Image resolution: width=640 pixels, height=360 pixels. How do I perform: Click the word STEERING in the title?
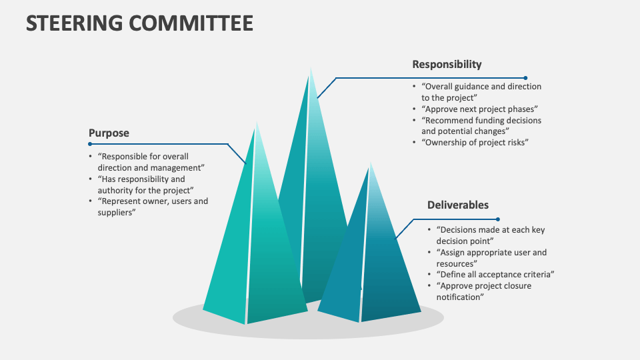pyautogui.click(x=74, y=23)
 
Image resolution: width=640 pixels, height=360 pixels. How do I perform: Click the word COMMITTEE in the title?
pyautogui.click(x=191, y=23)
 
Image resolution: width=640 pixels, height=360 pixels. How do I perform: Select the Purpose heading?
pyautogui.click(x=109, y=133)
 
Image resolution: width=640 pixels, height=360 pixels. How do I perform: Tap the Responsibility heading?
pyautogui.click(x=447, y=65)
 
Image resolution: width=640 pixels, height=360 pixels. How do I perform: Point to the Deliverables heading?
pyautogui.click(x=458, y=205)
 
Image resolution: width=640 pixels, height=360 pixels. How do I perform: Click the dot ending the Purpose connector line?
pyautogui.click(x=90, y=144)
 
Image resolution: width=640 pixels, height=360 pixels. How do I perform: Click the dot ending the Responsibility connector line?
pyautogui.click(x=525, y=78)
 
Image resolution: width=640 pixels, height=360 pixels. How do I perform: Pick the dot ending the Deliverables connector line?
pyautogui.click(x=497, y=219)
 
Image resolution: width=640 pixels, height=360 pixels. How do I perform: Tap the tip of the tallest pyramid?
pyautogui.click(x=311, y=67)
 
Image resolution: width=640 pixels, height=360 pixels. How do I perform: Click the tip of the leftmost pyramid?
pyautogui.click(x=257, y=121)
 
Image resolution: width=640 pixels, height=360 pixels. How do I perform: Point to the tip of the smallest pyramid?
pyautogui.click(x=371, y=163)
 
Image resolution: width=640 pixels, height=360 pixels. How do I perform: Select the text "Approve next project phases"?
pyautogui.click(x=479, y=109)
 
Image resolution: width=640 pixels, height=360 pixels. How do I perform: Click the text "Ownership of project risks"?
pyautogui.click(x=475, y=143)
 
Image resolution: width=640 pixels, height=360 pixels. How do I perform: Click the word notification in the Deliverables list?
pyautogui.click(x=459, y=297)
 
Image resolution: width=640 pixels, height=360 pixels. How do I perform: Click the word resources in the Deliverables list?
pyautogui.click(x=455, y=264)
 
